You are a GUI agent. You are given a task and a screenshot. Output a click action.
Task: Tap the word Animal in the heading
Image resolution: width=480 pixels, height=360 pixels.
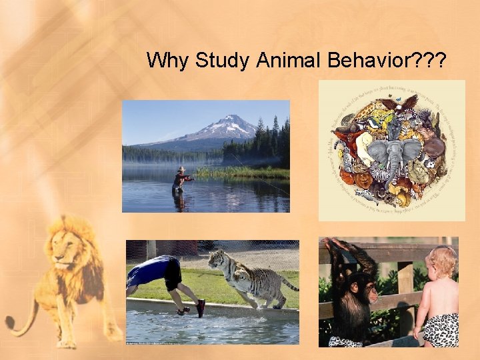coord(287,61)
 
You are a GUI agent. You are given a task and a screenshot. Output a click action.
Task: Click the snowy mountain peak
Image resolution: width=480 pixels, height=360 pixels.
coord(229,121)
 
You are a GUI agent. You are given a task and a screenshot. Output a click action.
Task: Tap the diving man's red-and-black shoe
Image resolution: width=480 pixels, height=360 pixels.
coord(200,308)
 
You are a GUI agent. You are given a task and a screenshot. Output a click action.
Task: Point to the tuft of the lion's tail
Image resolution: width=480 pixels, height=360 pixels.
coord(9,323)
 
